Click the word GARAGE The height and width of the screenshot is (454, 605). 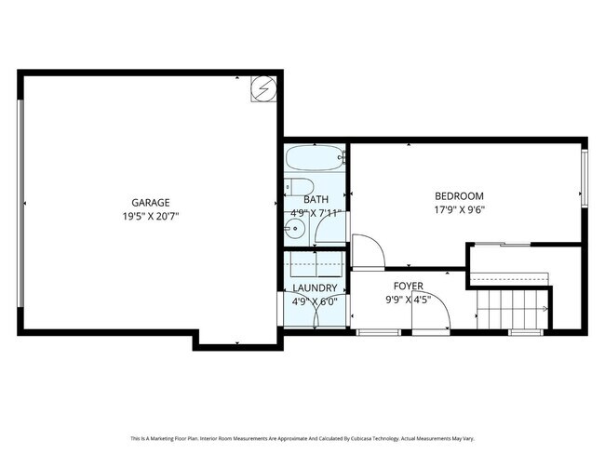point(149,202)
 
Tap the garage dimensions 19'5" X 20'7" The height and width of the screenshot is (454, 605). point(149,215)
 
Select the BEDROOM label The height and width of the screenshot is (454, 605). point(459,195)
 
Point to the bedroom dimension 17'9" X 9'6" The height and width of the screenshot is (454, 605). point(459,209)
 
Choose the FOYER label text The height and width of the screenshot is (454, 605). point(408,287)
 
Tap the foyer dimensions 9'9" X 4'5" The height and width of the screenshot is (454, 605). point(408,300)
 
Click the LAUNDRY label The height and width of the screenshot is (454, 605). point(315,287)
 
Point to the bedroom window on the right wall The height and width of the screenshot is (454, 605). point(585,177)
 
